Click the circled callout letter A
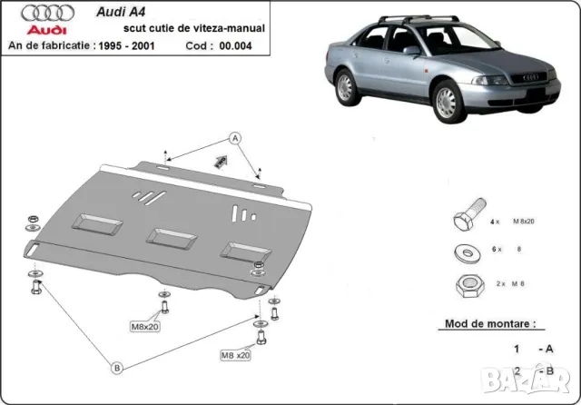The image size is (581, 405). point(233,138)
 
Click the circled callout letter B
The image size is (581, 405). point(117,367)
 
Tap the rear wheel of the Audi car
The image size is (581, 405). point(347,88)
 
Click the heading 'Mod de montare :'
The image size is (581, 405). point(489,322)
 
